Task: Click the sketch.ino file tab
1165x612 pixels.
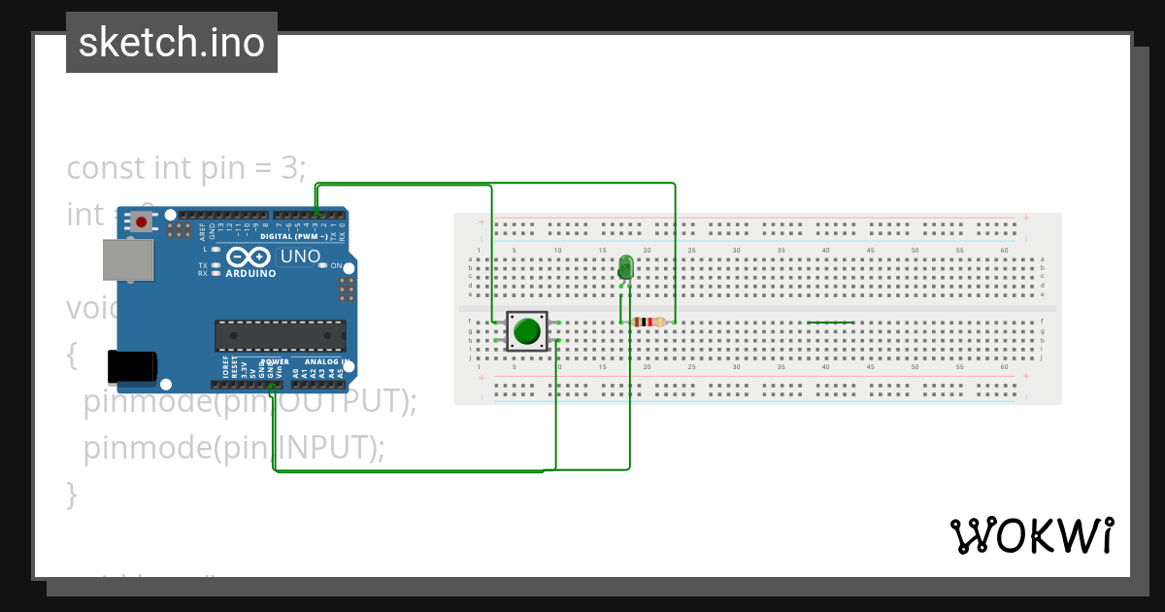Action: coord(172,43)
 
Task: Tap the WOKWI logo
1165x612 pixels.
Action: coord(1031,535)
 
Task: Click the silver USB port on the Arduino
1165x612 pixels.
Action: coord(128,259)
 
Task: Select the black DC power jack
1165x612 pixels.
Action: coord(131,366)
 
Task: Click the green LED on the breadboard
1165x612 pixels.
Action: coord(626,267)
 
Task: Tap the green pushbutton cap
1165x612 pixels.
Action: coord(527,331)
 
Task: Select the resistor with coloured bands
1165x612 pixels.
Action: coord(648,322)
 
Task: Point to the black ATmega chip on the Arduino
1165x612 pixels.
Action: coord(280,335)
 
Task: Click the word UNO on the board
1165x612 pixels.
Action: coord(300,257)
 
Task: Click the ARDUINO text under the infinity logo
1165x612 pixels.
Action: coord(250,274)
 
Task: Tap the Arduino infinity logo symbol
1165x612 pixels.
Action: coord(250,257)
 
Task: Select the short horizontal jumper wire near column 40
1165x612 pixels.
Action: coord(830,322)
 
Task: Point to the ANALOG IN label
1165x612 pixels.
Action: coord(321,361)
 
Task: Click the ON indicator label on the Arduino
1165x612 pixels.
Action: coord(335,266)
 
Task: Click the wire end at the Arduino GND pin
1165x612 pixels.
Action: coord(272,387)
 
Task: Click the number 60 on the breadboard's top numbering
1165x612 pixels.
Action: coord(1005,251)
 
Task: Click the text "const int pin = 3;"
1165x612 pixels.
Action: coord(186,168)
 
